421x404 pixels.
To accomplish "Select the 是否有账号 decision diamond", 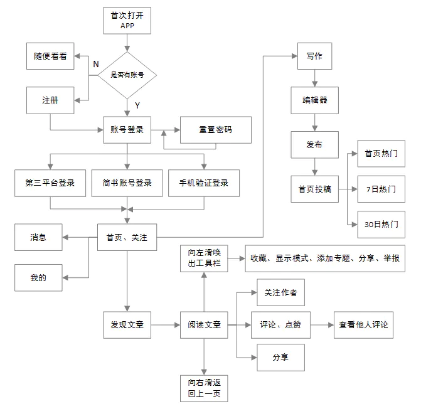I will pyautogui.click(x=127, y=75).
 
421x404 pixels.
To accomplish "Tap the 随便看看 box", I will pyautogui.click(x=50, y=56).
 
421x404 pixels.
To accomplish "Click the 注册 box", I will pyautogui.click(x=50, y=100).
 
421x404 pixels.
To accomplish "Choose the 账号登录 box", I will pyautogui.click(x=127, y=130).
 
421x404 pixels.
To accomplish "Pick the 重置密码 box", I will pyautogui.click(x=216, y=130).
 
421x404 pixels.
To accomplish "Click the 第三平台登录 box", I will pyautogui.click(x=50, y=183).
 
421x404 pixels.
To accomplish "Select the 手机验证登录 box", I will pyautogui.click(x=203, y=183).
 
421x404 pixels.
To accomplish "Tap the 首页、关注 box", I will pyautogui.click(x=127, y=237).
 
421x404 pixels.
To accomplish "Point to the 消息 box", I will pyautogui.click(x=38, y=237).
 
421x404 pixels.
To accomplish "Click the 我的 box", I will pyautogui.click(x=38, y=277).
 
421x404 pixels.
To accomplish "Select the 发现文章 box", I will pyautogui.click(x=127, y=325).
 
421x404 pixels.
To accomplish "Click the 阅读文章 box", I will pyautogui.click(x=203, y=325).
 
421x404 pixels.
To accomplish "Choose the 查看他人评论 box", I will pyautogui.click(x=363, y=325).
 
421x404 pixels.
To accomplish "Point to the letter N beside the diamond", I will pyautogui.click(x=96, y=64).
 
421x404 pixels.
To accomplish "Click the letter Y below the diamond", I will pyautogui.click(x=137, y=105).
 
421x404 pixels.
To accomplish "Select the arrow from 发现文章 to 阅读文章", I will pyautogui.click(x=166, y=325).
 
